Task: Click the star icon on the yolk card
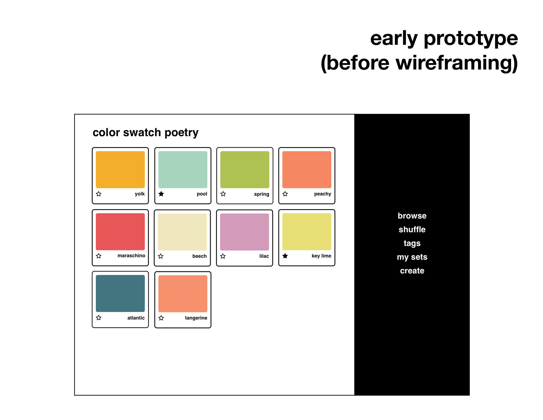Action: (x=99, y=194)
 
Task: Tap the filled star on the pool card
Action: (x=161, y=194)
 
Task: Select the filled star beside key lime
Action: (x=285, y=256)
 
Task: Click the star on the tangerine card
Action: (x=161, y=318)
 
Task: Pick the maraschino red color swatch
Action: (x=120, y=232)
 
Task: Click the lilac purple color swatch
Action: (x=244, y=232)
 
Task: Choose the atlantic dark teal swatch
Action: (x=120, y=293)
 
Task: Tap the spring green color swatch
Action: (x=245, y=170)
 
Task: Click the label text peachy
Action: (x=322, y=194)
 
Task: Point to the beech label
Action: (x=199, y=256)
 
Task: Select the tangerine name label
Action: (x=196, y=318)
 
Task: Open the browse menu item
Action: (x=412, y=216)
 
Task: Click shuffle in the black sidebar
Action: (x=412, y=229)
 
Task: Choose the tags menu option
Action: (x=412, y=243)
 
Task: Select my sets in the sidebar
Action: (x=412, y=257)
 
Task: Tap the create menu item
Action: (x=412, y=271)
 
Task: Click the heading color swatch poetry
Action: (x=146, y=133)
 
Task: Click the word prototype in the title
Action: (x=471, y=39)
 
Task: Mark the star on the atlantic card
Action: (x=99, y=318)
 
